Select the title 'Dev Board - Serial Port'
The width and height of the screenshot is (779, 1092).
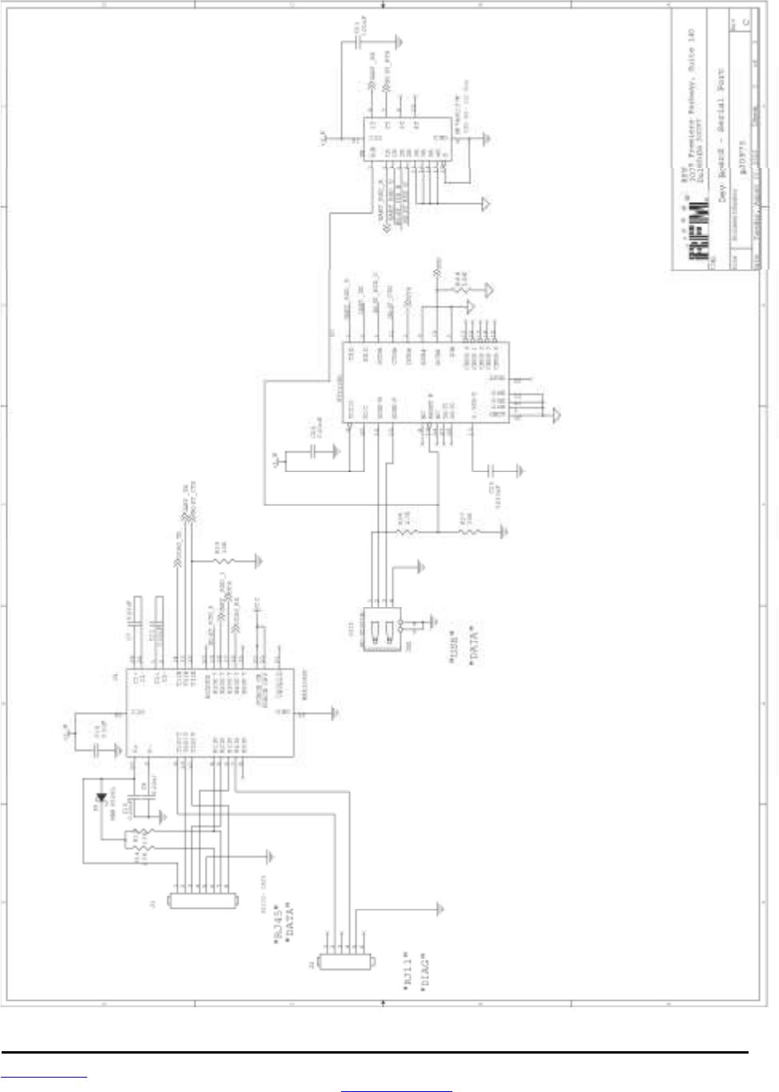(x=721, y=136)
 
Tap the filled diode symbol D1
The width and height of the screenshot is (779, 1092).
(x=101, y=797)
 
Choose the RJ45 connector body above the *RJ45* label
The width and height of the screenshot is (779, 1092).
(x=204, y=901)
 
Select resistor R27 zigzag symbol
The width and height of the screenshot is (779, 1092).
(x=468, y=531)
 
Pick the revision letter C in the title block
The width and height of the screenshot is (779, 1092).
(x=746, y=23)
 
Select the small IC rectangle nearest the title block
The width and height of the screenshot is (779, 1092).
(x=407, y=139)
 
